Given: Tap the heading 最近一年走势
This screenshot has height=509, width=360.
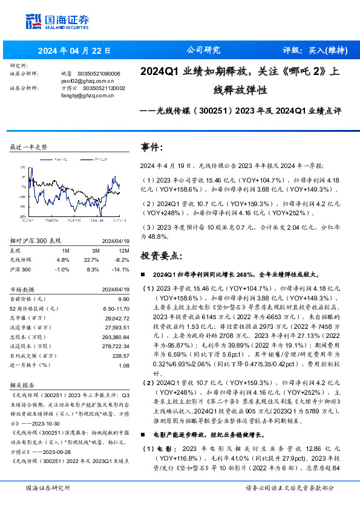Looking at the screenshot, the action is [29, 147].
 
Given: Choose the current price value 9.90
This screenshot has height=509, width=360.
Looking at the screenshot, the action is [123, 299].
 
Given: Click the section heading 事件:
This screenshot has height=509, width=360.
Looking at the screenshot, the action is [152, 148].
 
